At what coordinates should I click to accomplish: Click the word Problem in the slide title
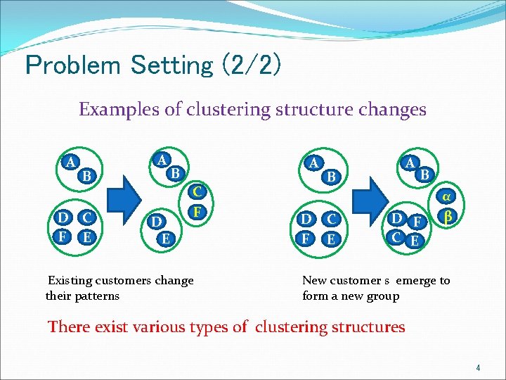(x=72, y=65)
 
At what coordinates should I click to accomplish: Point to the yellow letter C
(x=198, y=191)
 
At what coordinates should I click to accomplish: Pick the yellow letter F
(x=198, y=211)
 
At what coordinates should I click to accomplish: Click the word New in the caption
(x=314, y=281)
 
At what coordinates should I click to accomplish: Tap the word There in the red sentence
(x=69, y=327)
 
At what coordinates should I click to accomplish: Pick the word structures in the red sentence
(x=368, y=327)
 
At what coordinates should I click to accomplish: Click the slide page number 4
(x=477, y=368)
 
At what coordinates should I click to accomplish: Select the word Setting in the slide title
(x=171, y=65)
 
